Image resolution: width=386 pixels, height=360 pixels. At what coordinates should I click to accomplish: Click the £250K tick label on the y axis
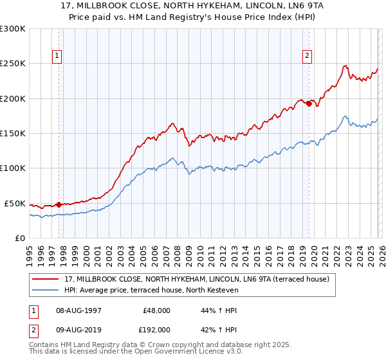click(x=12, y=64)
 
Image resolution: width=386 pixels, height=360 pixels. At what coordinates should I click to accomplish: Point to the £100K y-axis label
click(x=12, y=168)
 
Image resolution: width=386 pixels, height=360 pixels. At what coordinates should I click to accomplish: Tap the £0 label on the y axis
click(x=19, y=238)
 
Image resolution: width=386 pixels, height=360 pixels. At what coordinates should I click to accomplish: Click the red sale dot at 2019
click(x=309, y=104)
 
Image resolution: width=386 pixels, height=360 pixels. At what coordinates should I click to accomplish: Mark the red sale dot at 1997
click(x=59, y=204)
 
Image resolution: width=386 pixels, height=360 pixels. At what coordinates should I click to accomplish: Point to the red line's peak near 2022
click(x=345, y=66)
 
